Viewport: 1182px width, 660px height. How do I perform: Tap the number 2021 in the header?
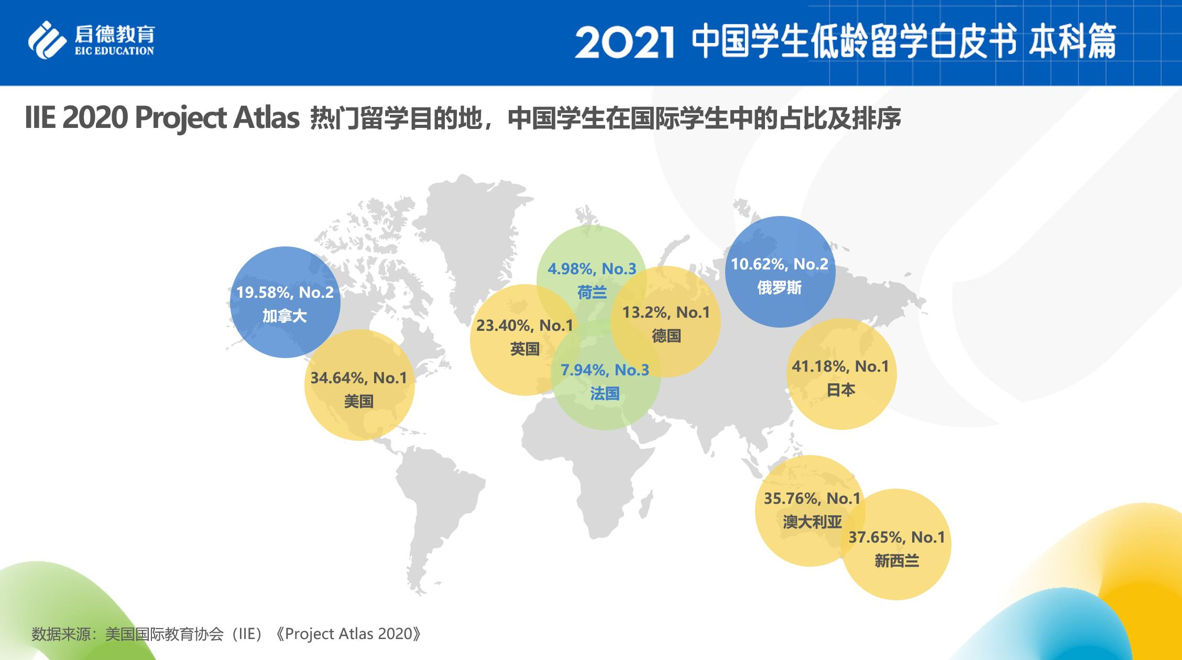tap(624, 43)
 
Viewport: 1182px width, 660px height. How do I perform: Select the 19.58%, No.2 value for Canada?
tap(284, 292)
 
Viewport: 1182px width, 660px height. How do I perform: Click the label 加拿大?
tap(284, 316)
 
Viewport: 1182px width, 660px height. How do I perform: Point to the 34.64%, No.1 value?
tap(359, 377)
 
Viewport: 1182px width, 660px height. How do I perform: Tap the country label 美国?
tap(359, 402)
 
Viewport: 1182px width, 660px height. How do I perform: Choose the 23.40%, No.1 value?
tap(524, 326)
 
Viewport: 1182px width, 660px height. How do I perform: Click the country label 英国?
tap(524, 349)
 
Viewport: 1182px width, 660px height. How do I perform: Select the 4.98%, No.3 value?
tap(592, 269)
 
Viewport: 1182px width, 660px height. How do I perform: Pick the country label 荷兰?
tap(592, 293)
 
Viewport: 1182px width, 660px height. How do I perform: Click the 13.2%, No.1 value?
tap(666, 312)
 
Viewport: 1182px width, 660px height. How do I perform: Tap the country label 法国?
tap(605, 394)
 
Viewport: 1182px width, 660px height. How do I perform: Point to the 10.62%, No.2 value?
tap(780, 264)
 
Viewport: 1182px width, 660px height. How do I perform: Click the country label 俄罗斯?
tap(780, 287)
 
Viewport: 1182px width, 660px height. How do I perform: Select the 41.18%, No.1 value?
tap(840, 366)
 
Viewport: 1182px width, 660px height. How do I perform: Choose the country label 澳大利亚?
tap(812, 522)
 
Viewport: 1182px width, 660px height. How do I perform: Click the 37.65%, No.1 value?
tap(896, 537)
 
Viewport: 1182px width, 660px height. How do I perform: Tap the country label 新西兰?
tap(896, 561)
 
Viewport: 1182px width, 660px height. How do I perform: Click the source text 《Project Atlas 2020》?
tap(348, 634)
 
